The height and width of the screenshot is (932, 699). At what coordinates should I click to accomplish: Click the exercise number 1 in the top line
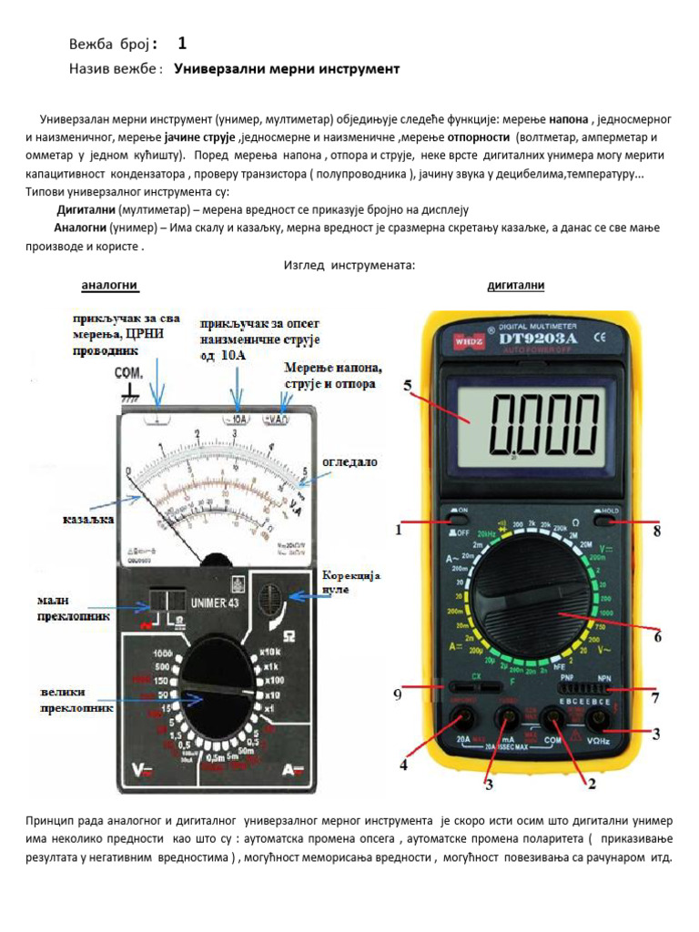[183, 43]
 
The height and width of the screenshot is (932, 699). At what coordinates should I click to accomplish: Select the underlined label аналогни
[110, 286]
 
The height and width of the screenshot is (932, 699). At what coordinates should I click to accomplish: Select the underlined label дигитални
[516, 286]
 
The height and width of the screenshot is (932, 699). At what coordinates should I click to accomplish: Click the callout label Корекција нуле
[352, 583]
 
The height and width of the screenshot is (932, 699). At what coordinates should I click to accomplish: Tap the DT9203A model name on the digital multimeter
[535, 339]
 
